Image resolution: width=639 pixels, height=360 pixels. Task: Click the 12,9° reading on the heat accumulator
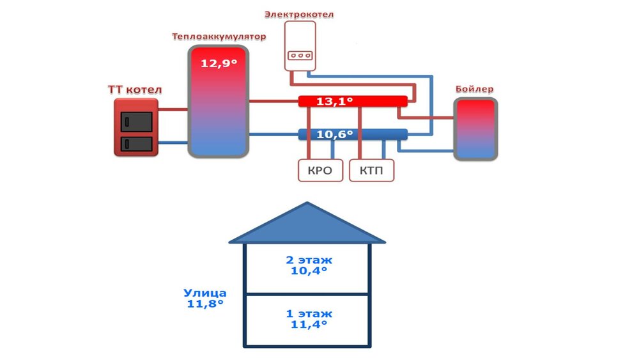(x=219, y=63)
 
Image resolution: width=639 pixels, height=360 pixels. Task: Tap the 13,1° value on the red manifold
(x=335, y=101)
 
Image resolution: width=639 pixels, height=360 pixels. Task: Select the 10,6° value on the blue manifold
(x=335, y=134)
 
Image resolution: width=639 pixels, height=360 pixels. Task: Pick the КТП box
(x=371, y=171)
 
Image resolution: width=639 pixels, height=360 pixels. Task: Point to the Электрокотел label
(x=299, y=13)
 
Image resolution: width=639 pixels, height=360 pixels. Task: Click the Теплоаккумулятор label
(x=218, y=36)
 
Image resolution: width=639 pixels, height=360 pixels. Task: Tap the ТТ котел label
(x=135, y=89)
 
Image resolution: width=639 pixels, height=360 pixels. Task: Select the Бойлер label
(x=474, y=89)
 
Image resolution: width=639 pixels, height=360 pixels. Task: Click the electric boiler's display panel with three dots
(x=299, y=55)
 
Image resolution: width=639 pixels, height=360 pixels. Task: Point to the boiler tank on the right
(x=475, y=129)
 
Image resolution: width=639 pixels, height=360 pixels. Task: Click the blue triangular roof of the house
(x=307, y=226)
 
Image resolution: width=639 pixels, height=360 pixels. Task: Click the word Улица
(x=204, y=293)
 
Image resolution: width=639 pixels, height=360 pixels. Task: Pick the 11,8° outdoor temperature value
(x=204, y=304)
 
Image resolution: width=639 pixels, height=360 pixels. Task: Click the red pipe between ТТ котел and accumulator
(x=172, y=109)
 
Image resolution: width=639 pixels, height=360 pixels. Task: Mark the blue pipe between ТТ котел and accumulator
(x=172, y=143)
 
